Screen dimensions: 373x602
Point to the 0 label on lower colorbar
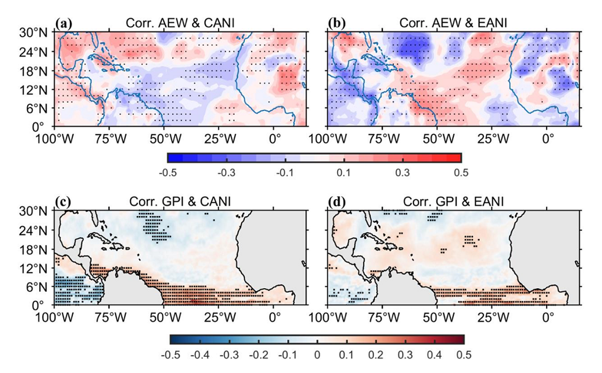(x=318, y=355)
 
